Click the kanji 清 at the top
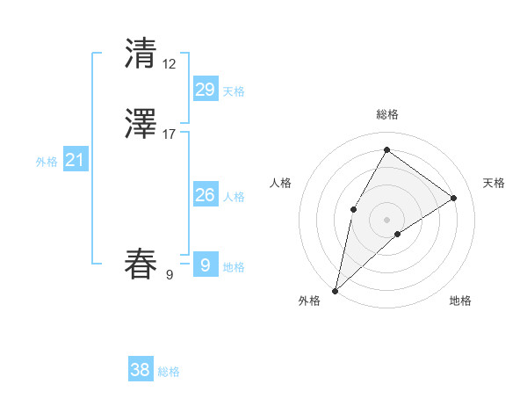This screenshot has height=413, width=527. tap(141, 54)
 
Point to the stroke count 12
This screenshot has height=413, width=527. tap(169, 63)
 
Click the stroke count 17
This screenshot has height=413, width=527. tap(169, 134)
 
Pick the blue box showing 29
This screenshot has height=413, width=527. tap(205, 90)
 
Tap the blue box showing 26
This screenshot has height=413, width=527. tap(205, 195)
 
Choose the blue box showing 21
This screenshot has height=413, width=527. tap(76, 160)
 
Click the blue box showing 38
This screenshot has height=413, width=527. tap(141, 370)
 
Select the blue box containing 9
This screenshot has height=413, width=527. tap(205, 264)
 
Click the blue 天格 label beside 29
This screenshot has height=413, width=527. tap(234, 91)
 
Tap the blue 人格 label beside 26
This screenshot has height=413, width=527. tap(234, 197)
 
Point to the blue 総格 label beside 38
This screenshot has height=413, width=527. tap(169, 372)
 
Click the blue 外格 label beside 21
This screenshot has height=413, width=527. tap(47, 162)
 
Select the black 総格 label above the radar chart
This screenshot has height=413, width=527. tap(386, 114)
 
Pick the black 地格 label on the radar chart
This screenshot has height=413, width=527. tap(460, 301)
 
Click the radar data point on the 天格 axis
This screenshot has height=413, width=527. tap(454, 199)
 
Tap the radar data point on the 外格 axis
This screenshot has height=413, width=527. tap(335, 290)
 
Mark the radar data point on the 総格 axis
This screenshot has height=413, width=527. tap(386, 149)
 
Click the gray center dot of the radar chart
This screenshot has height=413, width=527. tap(386, 219)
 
